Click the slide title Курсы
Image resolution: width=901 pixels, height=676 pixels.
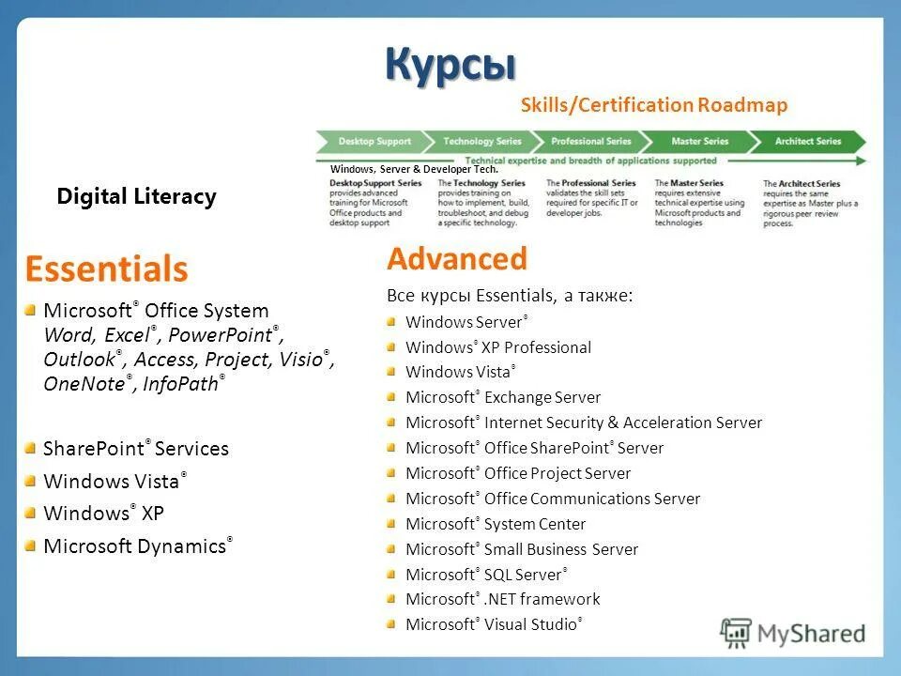pyautogui.click(x=450, y=65)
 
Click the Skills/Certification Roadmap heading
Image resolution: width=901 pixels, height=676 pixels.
pyautogui.click(x=653, y=105)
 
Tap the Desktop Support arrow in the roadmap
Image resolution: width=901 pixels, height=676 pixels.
pyautogui.click(x=374, y=142)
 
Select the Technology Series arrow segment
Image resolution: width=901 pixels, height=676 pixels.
pyautogui.click(x=481, y=142)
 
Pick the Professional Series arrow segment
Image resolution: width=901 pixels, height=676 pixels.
pyautogui.click(x=590, y=142)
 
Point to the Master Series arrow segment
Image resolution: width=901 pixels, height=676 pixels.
pyautogui.click(x=699, y=142)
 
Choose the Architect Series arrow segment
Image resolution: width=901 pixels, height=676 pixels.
pyautogui.click(x=808, y=142)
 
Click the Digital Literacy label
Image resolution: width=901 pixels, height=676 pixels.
pyautogui.click(x=136, y=196)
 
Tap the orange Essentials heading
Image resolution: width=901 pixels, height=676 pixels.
pyautogui.click(x=106, y=269)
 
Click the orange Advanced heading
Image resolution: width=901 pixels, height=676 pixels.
pyautogui.click(x=457, y=259)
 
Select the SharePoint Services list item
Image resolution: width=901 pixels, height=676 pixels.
pyautogui.click(x=136, y=449)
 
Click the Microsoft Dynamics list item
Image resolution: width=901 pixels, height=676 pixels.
pyautogui.click(x=137, y=545)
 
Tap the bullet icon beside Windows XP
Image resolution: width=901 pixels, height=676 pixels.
pyautogui.click(x=31, y=513)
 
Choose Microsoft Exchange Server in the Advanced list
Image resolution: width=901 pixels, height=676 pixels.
pyautogui.click(x=503, y=397)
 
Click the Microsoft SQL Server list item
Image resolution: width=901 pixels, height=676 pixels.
pyautogui.click(x=485, y=574)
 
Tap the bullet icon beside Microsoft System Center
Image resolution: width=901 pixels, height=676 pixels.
pyautogui.click(x=391, y=523)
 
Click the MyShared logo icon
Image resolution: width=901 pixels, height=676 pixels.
pyautogui.click(x=736, y=633)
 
